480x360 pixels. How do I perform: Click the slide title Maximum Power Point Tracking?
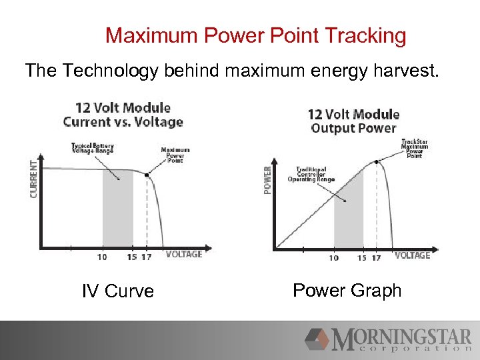pos(255,35)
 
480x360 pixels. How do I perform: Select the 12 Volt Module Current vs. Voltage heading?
pos(123,115)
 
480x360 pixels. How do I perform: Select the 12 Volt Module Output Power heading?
pos(353,121)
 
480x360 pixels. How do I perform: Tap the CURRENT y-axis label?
pos(33,177)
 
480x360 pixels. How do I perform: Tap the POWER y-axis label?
pos(268,180)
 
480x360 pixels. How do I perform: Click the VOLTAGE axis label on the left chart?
pos(183,254)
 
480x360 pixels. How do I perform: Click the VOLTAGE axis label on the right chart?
pos(412,255)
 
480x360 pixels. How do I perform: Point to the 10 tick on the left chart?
pos(102,257)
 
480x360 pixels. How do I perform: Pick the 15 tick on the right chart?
pos(362,258)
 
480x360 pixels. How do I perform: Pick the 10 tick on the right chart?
pos(333,258)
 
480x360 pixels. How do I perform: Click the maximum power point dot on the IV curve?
pos(147,175)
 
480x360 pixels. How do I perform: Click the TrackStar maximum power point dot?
pos(377,161)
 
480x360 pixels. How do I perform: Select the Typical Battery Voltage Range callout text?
pos(93,148)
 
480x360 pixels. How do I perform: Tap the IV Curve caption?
pos(117,291)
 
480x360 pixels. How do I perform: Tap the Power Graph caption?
pos(347,290)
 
